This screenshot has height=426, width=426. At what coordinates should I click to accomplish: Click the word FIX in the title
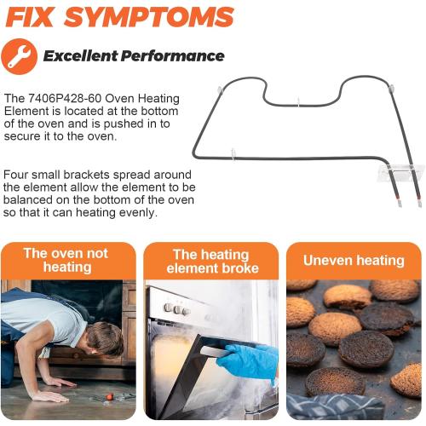coord(30,17)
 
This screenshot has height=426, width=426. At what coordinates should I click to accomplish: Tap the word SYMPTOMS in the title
coord(149,17)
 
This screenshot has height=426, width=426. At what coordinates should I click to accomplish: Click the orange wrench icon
coord(19,56)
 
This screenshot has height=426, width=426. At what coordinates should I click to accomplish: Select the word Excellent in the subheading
coord(80,55)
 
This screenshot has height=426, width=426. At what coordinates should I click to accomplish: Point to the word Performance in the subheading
coord(173,55)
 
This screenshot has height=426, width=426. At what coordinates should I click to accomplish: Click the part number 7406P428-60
coord(65,99)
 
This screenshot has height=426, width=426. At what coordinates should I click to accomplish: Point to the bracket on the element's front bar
coord(233,155)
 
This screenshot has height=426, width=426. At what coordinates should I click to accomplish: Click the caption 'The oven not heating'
coord(66,260)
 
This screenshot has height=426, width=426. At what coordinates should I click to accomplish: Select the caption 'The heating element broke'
coord(212,262)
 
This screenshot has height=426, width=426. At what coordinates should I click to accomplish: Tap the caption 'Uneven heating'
coord(354,261)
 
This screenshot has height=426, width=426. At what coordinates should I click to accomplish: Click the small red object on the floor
coord(109,396)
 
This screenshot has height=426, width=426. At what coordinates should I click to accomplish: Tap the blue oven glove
coord(247,362)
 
